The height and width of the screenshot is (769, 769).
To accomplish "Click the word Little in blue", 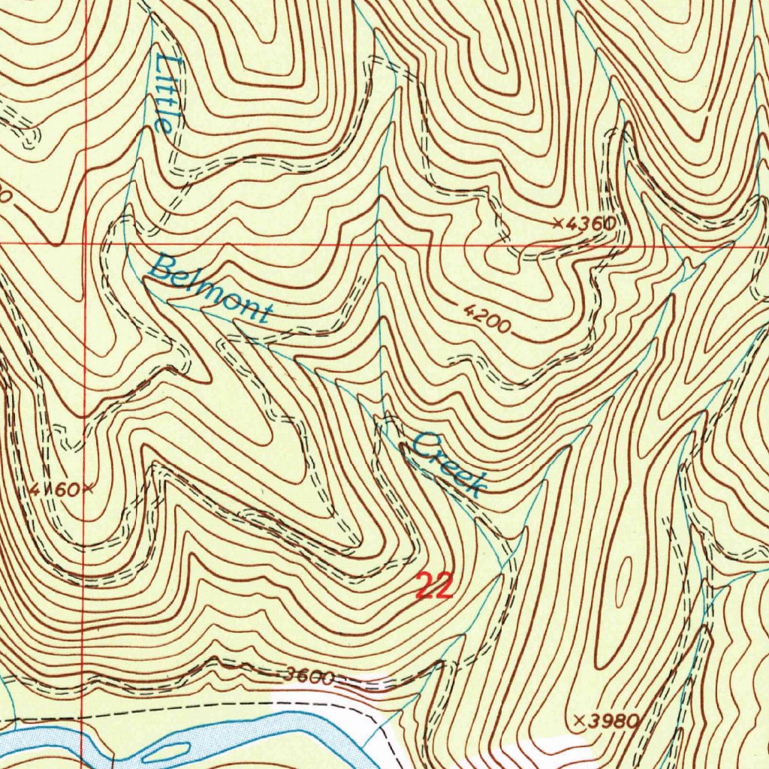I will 166,93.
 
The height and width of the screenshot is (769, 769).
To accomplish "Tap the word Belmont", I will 210,289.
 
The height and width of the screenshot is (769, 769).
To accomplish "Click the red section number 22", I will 435,585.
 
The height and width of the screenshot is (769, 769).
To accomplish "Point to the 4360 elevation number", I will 592,223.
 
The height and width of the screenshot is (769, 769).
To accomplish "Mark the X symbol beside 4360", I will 558,222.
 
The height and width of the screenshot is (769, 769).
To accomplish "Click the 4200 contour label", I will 486,319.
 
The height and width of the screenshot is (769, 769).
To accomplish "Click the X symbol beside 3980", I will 579,719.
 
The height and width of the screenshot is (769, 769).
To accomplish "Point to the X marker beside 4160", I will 88,489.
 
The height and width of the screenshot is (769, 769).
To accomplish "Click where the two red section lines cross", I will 85,245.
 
